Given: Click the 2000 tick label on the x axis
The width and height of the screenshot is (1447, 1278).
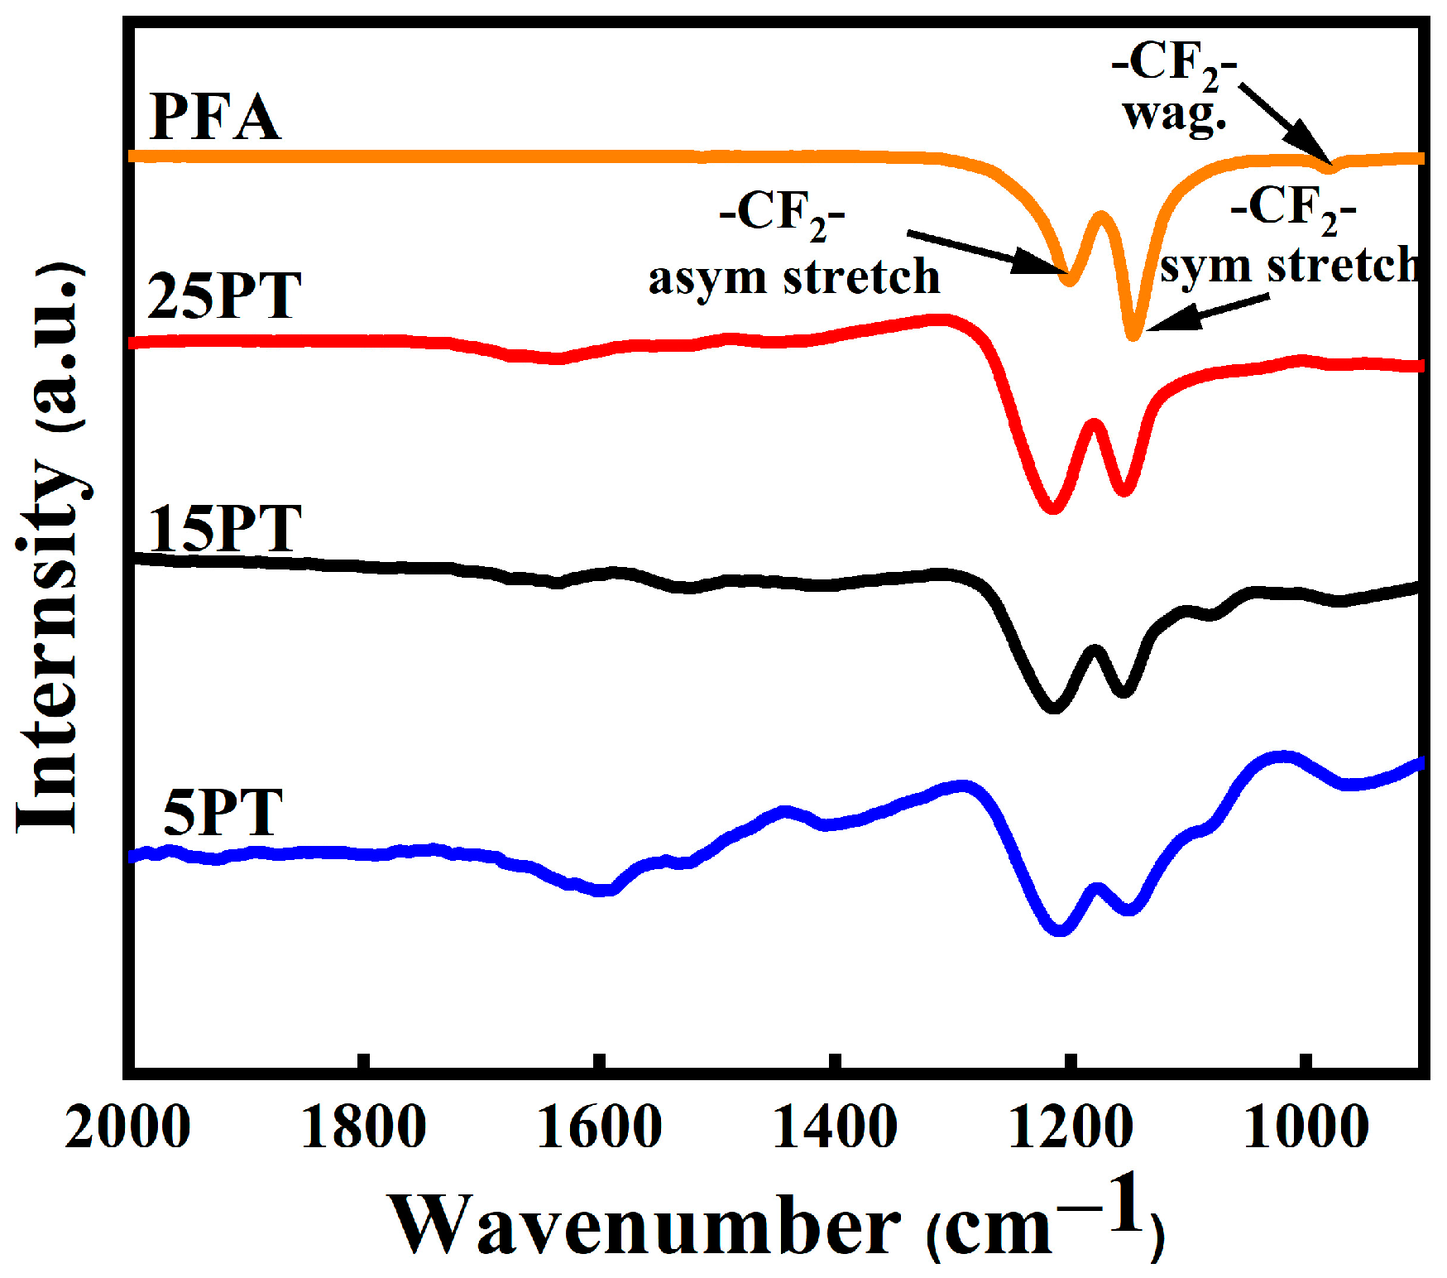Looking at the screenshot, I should coord(127,1127).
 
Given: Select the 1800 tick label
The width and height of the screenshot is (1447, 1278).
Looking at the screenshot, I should coord(363,1127).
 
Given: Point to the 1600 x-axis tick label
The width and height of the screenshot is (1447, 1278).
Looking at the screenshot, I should coord(599,1127).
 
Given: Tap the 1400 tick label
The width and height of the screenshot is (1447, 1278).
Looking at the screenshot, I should coord(835,1127).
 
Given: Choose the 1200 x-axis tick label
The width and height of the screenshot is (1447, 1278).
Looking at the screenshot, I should coord(1071,1127).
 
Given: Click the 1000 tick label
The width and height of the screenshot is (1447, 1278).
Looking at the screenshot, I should coord(1306,1127).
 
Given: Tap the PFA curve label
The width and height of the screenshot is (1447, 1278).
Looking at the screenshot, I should coord(215,118).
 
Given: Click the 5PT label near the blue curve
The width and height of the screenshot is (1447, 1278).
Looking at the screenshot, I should coord(223,813).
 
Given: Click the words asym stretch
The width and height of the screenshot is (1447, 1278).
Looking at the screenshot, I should coord(794,277).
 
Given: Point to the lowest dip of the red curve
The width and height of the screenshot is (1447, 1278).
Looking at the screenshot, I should coord(1052,507).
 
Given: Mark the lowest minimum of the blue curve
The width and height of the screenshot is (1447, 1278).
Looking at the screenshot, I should coord(1061,930).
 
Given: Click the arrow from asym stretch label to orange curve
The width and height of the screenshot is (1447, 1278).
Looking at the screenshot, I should coord(985,252).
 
